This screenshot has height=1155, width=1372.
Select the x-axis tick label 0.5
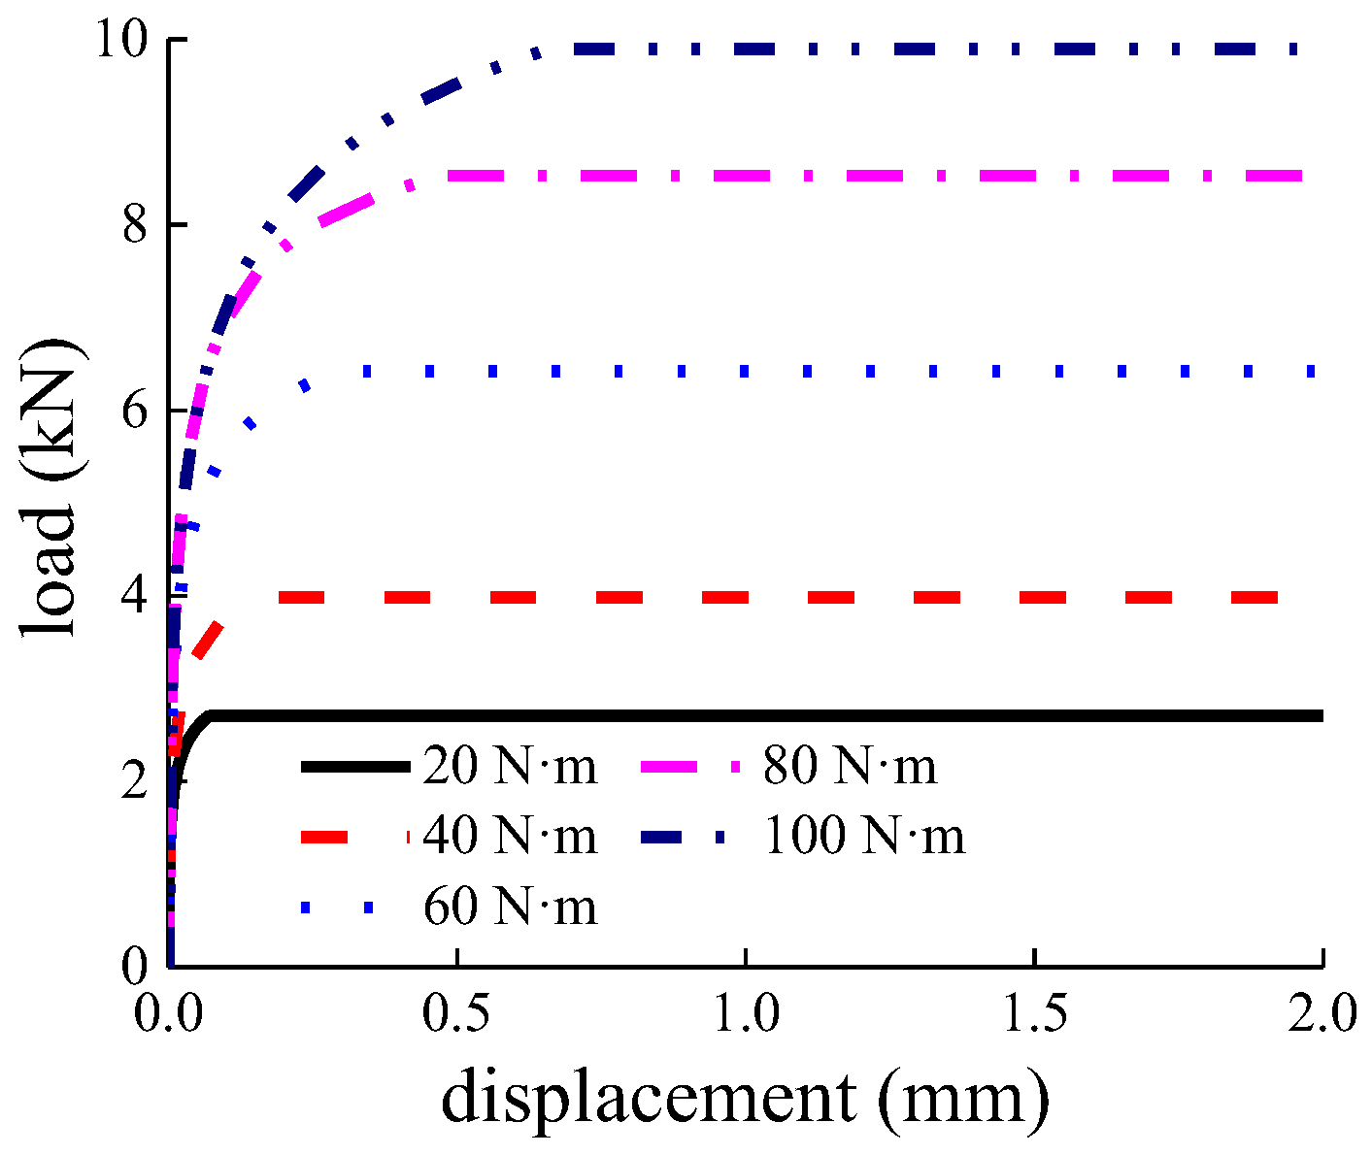(458, 1015)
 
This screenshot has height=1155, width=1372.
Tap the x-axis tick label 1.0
(746, 1015)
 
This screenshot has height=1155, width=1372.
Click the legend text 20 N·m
(510, 767)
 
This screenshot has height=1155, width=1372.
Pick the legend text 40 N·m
(510, 837)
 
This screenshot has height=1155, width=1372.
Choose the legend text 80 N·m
(850, 767)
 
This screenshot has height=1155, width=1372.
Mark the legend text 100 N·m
(864, 837)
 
